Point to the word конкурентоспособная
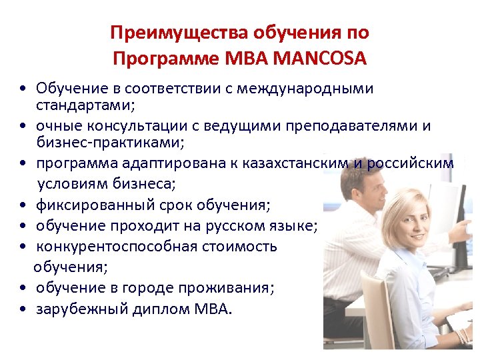tap(115, 247)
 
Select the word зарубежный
tap(80, 309)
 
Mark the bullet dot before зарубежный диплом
tap(23, 309)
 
